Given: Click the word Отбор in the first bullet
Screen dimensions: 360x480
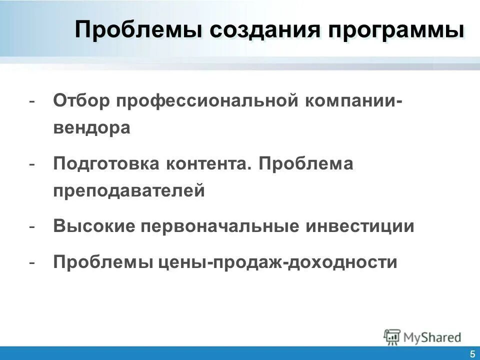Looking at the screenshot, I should click(81, 100).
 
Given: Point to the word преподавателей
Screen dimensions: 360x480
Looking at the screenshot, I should click(129, 191).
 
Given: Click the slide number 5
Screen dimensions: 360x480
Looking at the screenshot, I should click(472, 354).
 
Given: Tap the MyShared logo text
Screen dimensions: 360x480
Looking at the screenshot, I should click(432, 337).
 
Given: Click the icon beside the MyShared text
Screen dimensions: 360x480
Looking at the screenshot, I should click(392, 336).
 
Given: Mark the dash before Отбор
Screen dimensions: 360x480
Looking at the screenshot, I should click(32, 101).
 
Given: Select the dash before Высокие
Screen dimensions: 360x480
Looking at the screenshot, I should click(32, 226).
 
